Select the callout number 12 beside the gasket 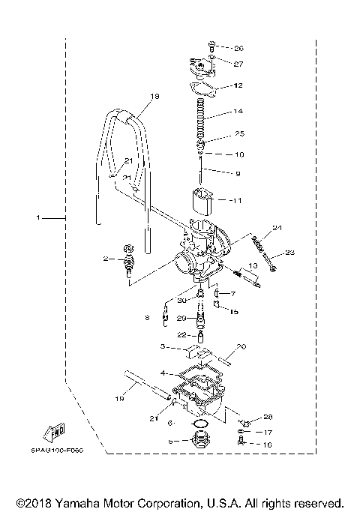pos(238,86)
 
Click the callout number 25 pos(239,134)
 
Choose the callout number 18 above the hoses pos(155,97)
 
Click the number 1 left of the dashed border pos(37,218)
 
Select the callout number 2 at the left pos(106,259)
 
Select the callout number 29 pos(181,319)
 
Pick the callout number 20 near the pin pos(241,347)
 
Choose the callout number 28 pos(268,417)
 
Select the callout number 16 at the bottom pos(268,445)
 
